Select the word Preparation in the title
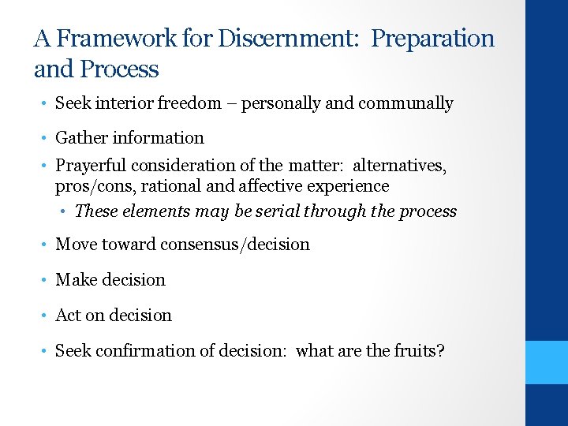point(432,39)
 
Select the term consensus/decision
point(236,245)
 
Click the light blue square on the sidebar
point(547,362)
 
